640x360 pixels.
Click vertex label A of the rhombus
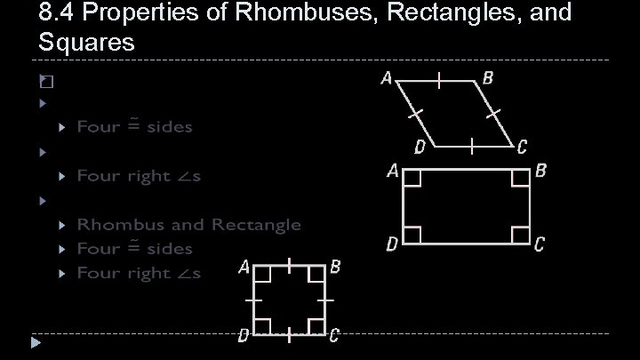[x=387, y=78]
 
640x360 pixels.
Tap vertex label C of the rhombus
[x=522, y=145]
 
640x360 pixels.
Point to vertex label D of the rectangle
[x=391, y=244]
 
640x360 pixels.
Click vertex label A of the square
[x=244, y=267]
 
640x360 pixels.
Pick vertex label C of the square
[x=333, y=335]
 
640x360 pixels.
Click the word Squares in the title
[x=86, y=42]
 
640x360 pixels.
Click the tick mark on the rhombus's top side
[x=439, y=80]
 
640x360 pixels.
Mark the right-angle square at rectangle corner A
[x=412, y=178]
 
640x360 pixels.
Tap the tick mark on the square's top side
[x=291, y=265]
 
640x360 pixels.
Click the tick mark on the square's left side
[x=254, y=302]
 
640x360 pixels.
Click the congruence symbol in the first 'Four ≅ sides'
[x=133, y=125]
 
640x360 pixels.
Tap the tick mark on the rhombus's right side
[x=495, y=113]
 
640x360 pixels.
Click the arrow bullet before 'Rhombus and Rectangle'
[x=62, y=225]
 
